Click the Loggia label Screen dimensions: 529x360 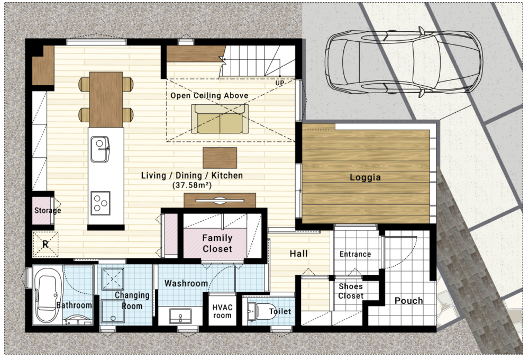(x=365, y=177)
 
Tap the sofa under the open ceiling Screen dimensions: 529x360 (x=220, y=119)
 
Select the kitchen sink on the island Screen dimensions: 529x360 (x=100, y=149)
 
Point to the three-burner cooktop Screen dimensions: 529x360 (x=101, y=203)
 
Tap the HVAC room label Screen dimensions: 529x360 (x=222, y=311)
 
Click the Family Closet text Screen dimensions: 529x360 (x=217, y=244)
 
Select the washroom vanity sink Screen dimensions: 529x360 (x=180, y=317)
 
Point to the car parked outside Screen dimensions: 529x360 (x=404, y=61)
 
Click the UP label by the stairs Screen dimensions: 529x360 (x=280, y=83)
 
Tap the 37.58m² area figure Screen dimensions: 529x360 (x=191, y=185)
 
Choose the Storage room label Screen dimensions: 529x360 (x=48, y=210)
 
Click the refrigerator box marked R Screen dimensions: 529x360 (x=45, y=244)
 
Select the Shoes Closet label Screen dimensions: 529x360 (x=351, y=291)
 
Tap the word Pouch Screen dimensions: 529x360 (x=408, y=301)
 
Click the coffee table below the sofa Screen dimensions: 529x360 (x=220, y=158)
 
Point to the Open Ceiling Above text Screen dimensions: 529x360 (x=209, y=96)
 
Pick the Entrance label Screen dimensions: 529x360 (x=355, y=254)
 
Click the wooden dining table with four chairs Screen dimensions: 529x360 (x=106, y=100)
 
